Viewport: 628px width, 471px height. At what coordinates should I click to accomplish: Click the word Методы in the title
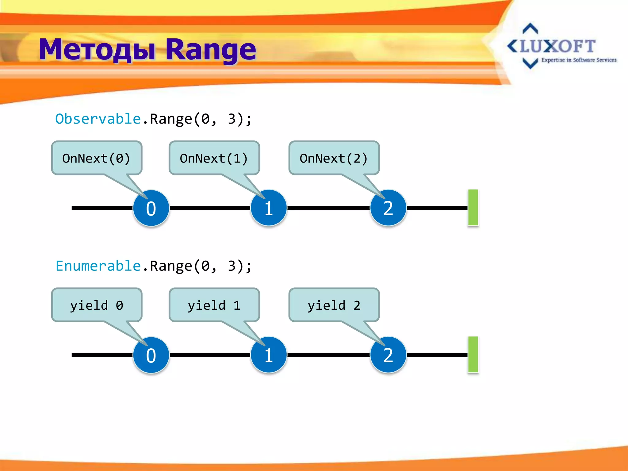[x=97, y=50]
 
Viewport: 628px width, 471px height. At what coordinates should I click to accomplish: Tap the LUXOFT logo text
[x=557, y=46]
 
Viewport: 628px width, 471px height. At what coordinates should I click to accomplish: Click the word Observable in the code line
[x=98, y=119]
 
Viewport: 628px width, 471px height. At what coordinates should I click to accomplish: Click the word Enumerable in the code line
[x=98, y=266]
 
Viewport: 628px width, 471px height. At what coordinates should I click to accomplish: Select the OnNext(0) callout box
[x=97, y=158]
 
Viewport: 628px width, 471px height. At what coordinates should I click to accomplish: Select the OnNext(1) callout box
[x=214, y=158]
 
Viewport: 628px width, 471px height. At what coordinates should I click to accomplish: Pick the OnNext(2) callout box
[x=334, y=158]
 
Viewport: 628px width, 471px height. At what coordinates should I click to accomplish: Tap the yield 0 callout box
[x=97, y=305]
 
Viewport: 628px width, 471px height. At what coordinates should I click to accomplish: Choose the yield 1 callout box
[x=214, y=305]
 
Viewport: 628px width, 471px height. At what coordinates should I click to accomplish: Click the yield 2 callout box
[x=334, y=305]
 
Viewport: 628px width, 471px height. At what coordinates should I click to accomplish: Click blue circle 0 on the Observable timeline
[x=151, y=208]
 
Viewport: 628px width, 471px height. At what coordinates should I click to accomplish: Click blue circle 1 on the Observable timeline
[x=269, y=208]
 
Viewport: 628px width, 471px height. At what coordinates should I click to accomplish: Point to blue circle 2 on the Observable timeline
[x=388, y=208]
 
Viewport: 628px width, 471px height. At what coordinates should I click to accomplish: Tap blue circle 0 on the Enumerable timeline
[x=151, y=355]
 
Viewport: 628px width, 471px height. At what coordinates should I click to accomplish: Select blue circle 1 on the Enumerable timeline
[x=269, y=355]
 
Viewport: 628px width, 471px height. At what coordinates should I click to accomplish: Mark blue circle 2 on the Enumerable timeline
[x=388, y=355]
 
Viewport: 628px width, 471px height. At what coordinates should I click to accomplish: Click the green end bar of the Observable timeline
[x=473, y=208]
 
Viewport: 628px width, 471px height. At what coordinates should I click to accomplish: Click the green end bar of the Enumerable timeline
[x=473, y=354]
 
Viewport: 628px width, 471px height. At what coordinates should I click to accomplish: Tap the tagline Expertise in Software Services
[x=579, y=60]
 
